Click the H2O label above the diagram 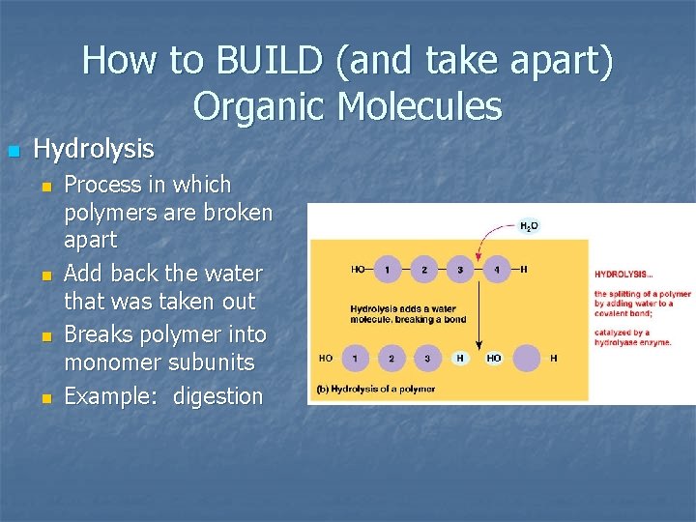529,226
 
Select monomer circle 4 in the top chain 497,270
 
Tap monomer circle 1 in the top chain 387,270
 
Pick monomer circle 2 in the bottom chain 391,359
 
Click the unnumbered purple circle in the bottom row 527,359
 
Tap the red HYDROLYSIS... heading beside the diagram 623,274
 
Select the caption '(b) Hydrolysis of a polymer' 376,389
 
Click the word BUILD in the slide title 259,60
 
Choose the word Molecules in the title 420,105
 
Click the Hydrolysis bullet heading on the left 94,149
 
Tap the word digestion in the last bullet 217,396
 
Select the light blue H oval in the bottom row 462,359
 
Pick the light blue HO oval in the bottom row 494,359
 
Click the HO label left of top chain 358,270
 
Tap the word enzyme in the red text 654,342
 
